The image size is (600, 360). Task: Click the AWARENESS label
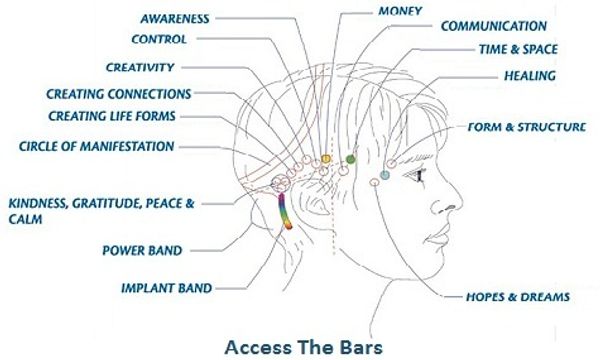coord(174,19)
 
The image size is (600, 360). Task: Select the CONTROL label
coord(160,40)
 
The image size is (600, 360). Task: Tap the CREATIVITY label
coord(140,67)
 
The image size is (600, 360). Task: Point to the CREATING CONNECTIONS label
coord(118,94)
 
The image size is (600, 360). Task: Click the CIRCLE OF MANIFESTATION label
coord(96,146)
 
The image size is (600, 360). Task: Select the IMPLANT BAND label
coord(166,289)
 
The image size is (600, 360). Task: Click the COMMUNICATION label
coord(494,26)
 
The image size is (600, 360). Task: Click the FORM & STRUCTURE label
coord(526,127)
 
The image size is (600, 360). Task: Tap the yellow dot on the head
coord(326,159)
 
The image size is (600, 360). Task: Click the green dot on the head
coord(350,159)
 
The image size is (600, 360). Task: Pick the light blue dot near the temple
coord(384,176)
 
